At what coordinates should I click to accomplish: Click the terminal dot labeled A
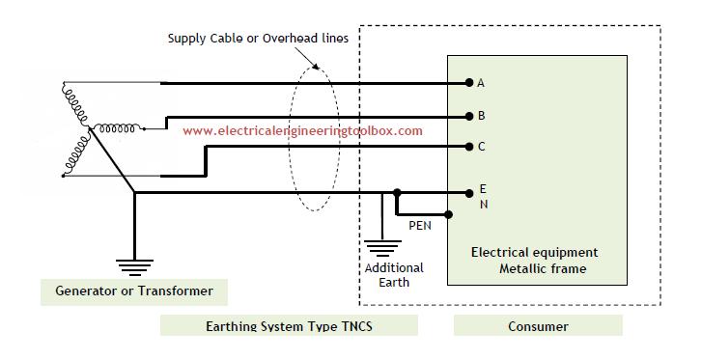469,82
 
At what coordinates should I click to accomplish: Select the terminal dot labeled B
469,117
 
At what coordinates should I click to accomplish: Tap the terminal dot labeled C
469,147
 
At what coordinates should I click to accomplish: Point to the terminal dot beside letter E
469,193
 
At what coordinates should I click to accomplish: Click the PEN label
420,226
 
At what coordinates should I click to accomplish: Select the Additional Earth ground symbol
382,248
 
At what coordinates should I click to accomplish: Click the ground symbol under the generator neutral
135,267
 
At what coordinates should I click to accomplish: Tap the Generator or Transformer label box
134,291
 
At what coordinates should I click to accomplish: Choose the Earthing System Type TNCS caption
290,325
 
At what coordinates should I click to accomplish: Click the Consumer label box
538,325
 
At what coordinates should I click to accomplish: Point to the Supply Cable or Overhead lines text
258,39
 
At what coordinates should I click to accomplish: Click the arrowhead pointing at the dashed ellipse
316,67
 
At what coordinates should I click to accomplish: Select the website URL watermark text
302,130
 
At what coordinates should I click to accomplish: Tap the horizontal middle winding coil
117,129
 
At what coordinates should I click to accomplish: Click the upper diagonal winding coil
75,104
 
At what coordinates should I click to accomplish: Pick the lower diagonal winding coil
76,155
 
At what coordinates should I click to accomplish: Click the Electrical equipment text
535,253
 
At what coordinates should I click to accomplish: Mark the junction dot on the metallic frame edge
448,215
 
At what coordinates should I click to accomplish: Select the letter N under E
484,205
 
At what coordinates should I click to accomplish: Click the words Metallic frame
543,268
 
